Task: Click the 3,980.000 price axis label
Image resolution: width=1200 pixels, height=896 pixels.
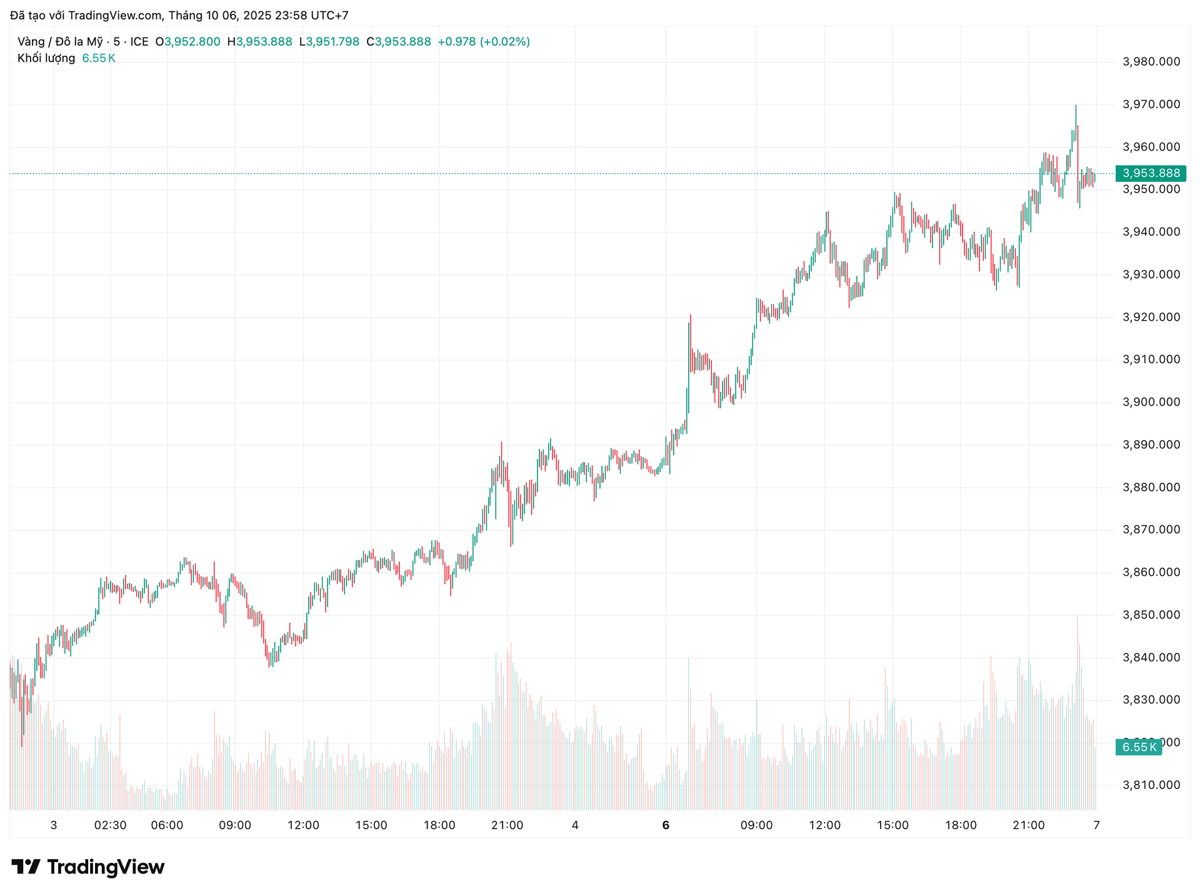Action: [x=1151, y=61]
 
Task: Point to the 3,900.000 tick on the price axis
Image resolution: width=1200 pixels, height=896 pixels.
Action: [x=1151, y=402]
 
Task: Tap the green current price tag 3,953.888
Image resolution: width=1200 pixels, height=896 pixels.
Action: [x=1151, y=173]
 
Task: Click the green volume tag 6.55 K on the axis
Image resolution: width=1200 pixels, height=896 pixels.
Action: [x=1139, y=747]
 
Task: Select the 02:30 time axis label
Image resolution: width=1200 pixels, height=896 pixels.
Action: [x=110, y=825]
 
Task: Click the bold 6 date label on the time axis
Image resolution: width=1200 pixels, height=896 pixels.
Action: [x=666, y=825]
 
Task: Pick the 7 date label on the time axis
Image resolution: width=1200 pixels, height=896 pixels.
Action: [x=1096, y=825]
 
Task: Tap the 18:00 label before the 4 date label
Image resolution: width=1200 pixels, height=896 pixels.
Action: [x=439, y=825]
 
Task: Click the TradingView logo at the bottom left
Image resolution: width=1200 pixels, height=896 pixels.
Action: [x=88, y=867]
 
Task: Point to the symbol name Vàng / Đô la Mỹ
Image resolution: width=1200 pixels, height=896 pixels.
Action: [x=60, y=42]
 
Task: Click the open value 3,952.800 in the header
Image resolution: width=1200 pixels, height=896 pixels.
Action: [x=192, y=42]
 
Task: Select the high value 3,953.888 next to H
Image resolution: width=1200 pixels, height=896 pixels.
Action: [x=264, y=42]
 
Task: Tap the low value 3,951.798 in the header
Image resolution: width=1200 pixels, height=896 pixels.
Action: [x=332, y=42]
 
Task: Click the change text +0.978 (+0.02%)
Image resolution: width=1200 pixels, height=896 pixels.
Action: [x=484, y=42]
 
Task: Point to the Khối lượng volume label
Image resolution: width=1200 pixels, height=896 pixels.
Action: [x=46, y=58]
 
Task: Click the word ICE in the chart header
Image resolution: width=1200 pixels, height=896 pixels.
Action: [x=139, y=42]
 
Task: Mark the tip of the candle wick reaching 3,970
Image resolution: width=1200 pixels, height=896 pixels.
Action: [x=1076, y=105]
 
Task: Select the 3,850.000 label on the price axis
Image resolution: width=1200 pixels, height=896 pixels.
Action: [x=1151, y=615]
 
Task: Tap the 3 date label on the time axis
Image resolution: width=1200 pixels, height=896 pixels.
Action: [x=54, y=825]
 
